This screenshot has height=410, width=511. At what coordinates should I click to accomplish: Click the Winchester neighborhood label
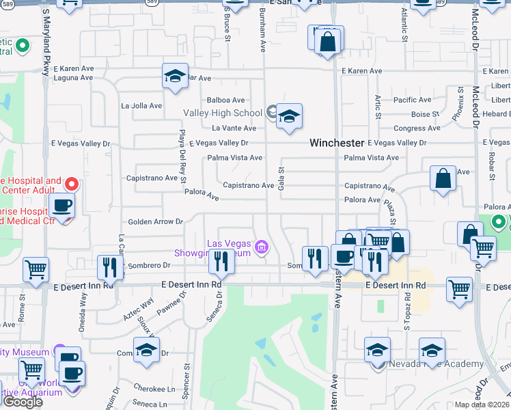tap(336, 143)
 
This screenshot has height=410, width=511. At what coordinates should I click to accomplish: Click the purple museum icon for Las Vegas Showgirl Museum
tap(260, 246)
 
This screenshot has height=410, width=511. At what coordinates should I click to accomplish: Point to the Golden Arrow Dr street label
tap(156, 221)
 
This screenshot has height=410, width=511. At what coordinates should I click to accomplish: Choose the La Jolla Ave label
tap(141, 106)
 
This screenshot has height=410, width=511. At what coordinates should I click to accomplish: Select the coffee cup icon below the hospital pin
tap(62, 206)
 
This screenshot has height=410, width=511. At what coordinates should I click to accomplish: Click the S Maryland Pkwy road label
tap(46, 34)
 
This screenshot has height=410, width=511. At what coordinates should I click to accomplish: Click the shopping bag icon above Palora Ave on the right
tap(443, 178)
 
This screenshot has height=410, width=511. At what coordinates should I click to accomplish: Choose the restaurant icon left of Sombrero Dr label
tap(109, 267)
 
